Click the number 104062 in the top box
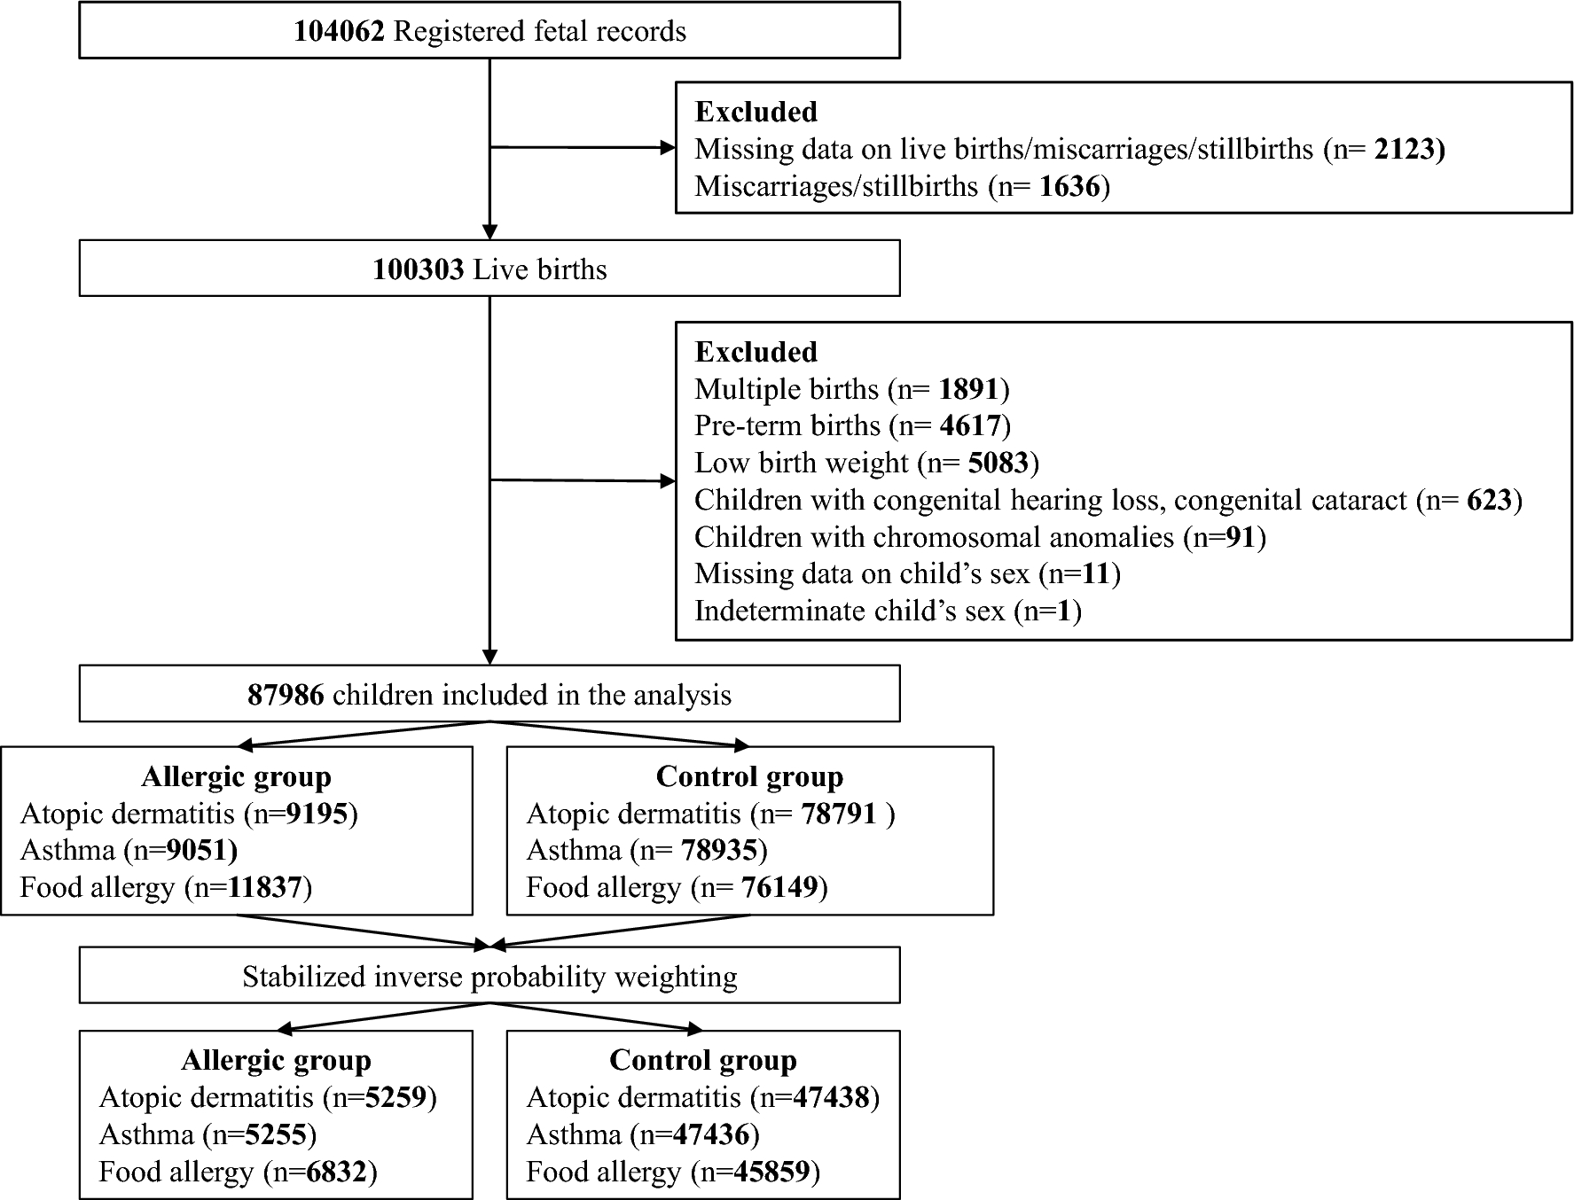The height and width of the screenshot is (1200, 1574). (x=339, y=32)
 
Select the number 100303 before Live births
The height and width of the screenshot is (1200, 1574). (x=418, y=269)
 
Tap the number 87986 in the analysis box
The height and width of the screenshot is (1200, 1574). (x=286, y=695)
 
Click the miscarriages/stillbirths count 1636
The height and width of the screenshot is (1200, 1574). (x=1070, y=186)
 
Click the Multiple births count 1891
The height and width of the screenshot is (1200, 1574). (x=969, y=389)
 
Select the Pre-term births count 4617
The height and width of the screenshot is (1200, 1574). (x=970, y=426)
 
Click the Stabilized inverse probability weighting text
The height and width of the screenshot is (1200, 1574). (x=489, y=977)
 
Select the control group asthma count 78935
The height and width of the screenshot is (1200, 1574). (x=720, y=851)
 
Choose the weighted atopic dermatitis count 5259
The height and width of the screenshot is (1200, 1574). (x=396, y=1098)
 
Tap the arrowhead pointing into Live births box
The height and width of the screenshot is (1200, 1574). (x=489, y=232)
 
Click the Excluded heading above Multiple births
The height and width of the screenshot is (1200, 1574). (x=756, y=352)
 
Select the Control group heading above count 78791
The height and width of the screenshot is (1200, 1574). (x=749, y=776)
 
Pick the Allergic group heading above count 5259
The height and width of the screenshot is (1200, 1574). (x=276, y=1060)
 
